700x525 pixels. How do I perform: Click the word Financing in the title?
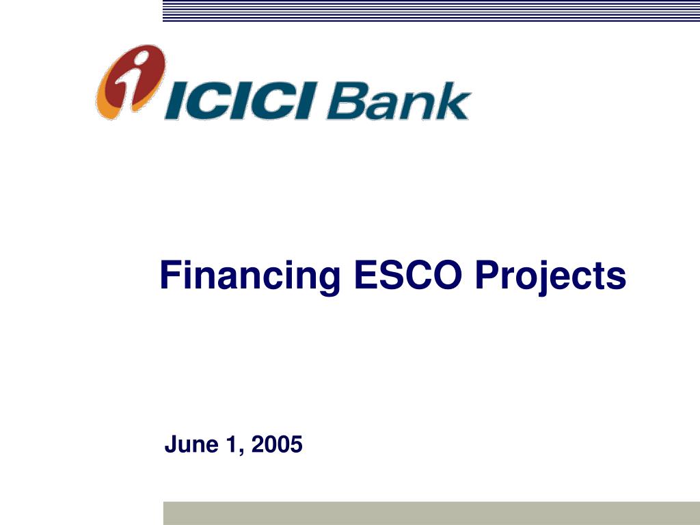(x=249, y=275)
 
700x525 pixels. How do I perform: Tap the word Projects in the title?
(x=550, y=275)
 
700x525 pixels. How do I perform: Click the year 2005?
(x=277, y=445)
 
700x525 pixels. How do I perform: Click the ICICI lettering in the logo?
(x=239, y=100)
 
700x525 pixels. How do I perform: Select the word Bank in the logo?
(x=398, y=101)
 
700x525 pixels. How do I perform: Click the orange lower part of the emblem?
(x=113, y=103)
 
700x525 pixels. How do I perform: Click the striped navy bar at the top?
(x=431, y=10)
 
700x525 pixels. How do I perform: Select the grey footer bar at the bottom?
(x=431, y=513)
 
